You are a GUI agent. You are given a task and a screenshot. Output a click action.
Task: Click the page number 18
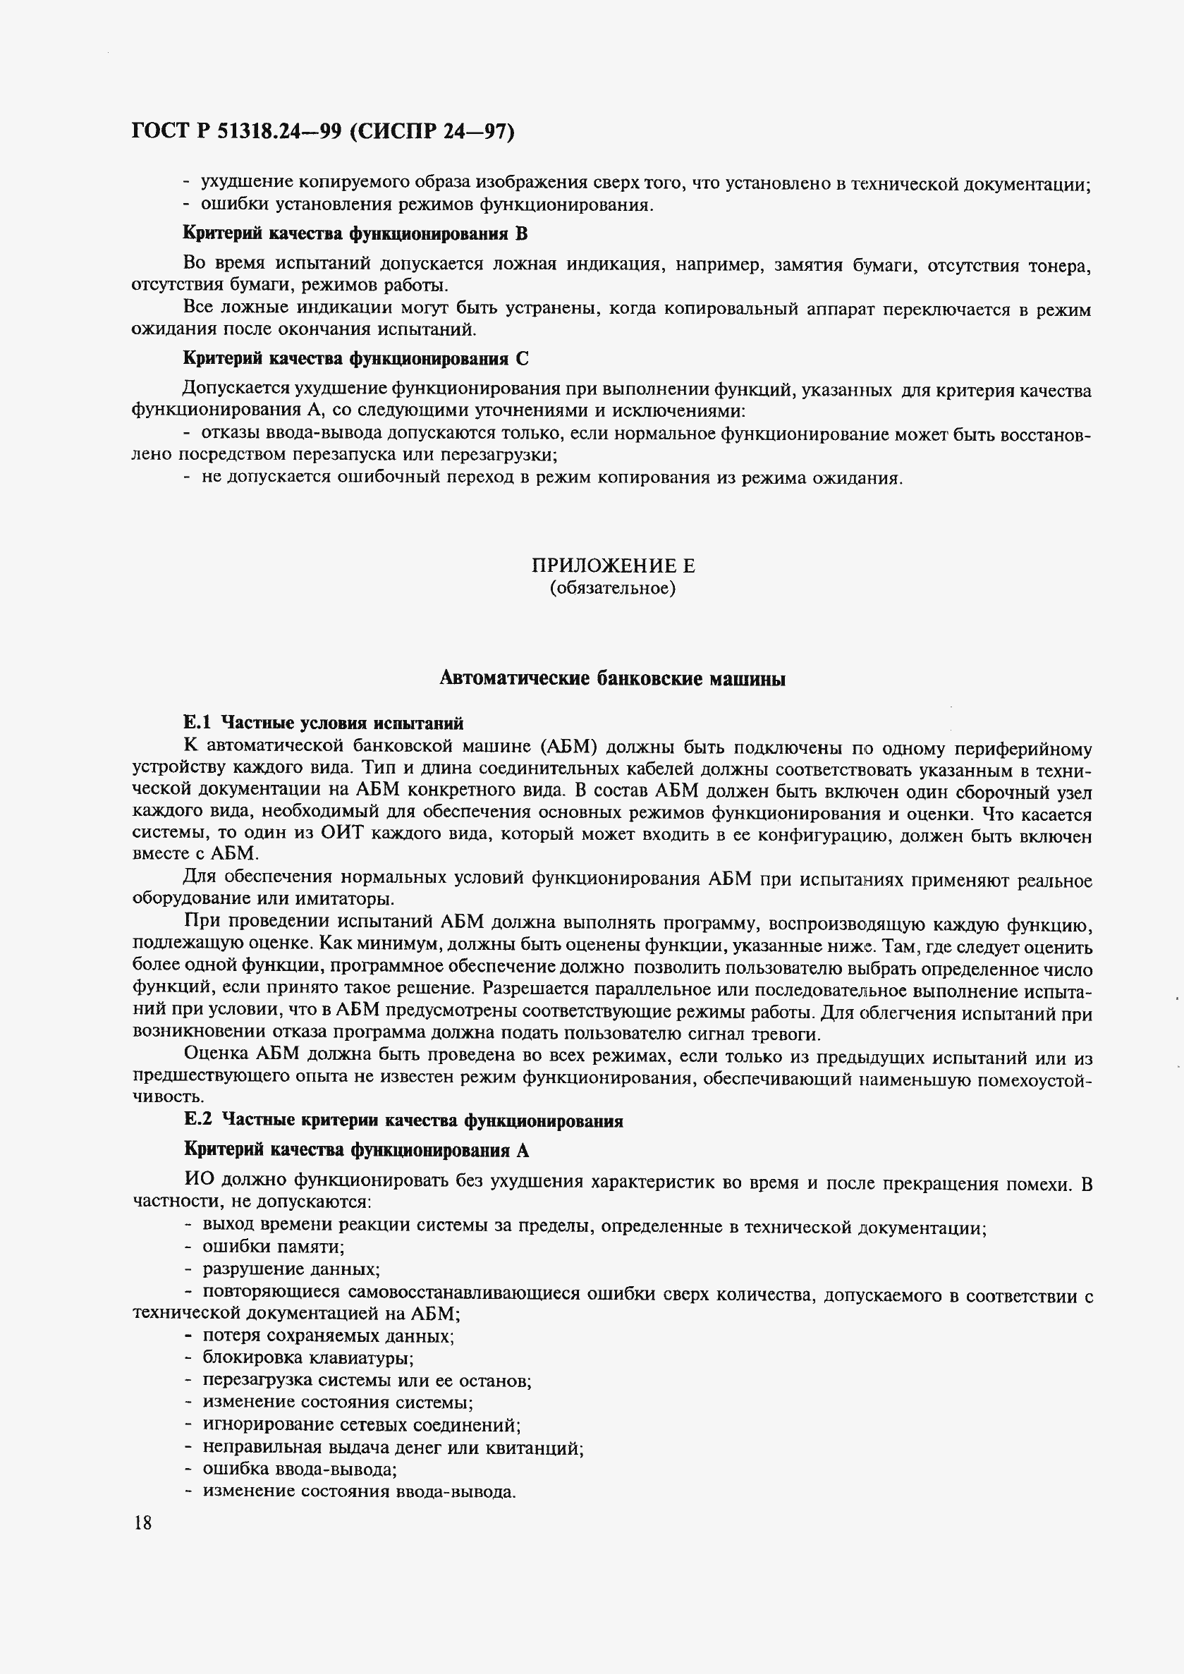pos(142,1522)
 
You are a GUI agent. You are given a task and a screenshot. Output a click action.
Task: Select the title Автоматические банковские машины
pos(612,679)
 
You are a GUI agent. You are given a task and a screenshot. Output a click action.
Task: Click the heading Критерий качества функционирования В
pos(354,233)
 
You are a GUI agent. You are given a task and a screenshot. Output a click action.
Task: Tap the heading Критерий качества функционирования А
pos(356,1150)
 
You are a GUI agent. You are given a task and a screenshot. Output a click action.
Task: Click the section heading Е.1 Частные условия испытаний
pos(323,723)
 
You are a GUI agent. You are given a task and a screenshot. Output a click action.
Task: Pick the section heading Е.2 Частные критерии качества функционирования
pos(403,1120)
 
